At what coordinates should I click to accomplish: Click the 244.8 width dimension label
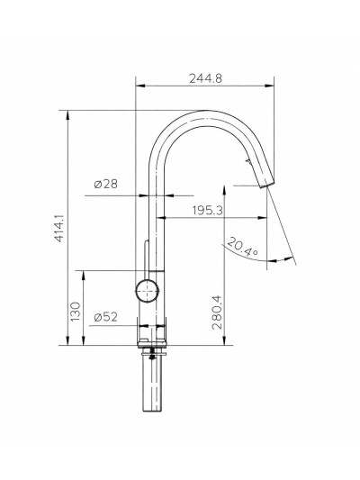tap(205, 78)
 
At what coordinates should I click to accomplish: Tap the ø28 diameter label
tap(105, 184)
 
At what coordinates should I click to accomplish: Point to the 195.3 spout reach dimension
tap(208, 211)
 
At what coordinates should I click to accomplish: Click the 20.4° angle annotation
tap(242, 247)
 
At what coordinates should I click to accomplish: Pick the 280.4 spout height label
tap(217, 312)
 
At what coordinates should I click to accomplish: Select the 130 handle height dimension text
tap(76, 312)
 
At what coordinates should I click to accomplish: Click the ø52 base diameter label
tap(106, 317)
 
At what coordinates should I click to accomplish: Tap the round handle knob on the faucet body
tap(147, 291)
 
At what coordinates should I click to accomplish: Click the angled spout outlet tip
tap(266, 183)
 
